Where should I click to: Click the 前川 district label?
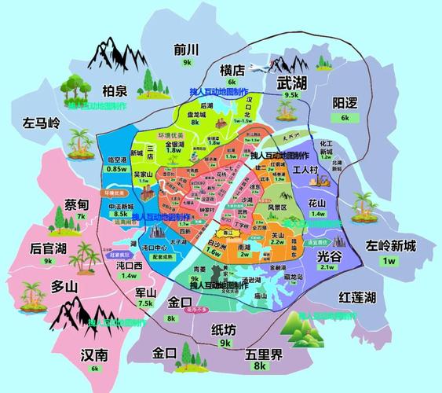coord(187,49)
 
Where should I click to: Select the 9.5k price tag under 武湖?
coord(292,94)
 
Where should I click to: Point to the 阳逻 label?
coord(345,103)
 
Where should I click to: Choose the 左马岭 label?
coord(41,123)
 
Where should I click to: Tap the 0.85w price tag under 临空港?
coord(117,168)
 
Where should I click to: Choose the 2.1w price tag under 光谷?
coord(327,266)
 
